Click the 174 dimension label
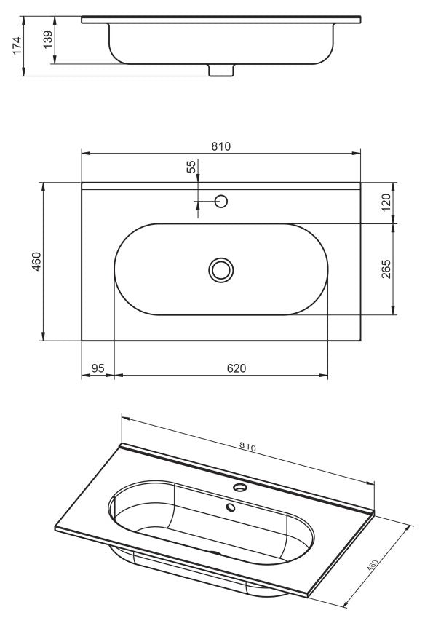pos(17,46)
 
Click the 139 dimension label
pos(47,39)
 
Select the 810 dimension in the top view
pos(220,146)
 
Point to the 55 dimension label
pos(192,167)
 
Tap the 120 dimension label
pos(386,203)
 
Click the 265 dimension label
pos(386,269)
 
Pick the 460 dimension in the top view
pos(36,261)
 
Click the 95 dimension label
pos(98,368)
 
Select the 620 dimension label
pos(237,368)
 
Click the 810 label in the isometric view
pos(247,446)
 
